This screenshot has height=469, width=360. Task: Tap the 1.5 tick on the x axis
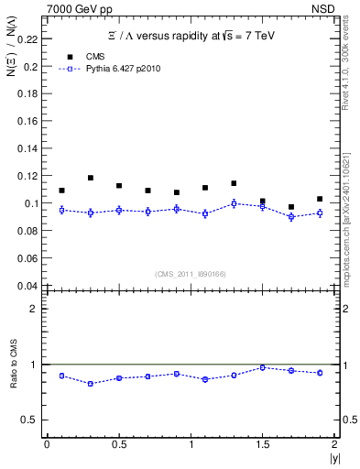click(262, 444)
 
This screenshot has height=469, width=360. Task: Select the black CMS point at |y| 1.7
click(291, 207)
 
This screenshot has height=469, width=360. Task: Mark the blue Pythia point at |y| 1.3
click(234, 203)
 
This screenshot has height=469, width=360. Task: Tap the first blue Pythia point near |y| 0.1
click(61, 210)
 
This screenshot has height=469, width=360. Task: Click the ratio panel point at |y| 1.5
click(262, 367)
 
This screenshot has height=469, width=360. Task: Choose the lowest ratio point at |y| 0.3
click(90, 383)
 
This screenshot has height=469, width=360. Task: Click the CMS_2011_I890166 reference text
click(190, 272)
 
